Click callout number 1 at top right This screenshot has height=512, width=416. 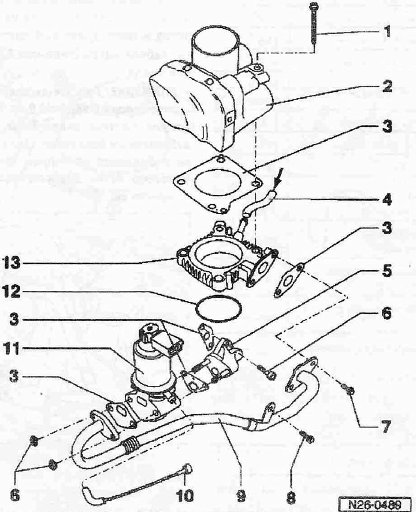tap(387, 32)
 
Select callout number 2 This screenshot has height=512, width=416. tap(387, 86)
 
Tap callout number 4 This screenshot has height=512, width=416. tap(387, 199)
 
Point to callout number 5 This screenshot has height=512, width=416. tap(387, 271)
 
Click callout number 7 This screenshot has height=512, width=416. tap(386, 426)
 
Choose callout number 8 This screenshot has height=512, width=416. tap(291, 498)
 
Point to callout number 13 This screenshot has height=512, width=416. tap(12, 262)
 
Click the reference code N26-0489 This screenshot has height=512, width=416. tap(374, 504)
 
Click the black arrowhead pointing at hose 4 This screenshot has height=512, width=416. tap(276, 186)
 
